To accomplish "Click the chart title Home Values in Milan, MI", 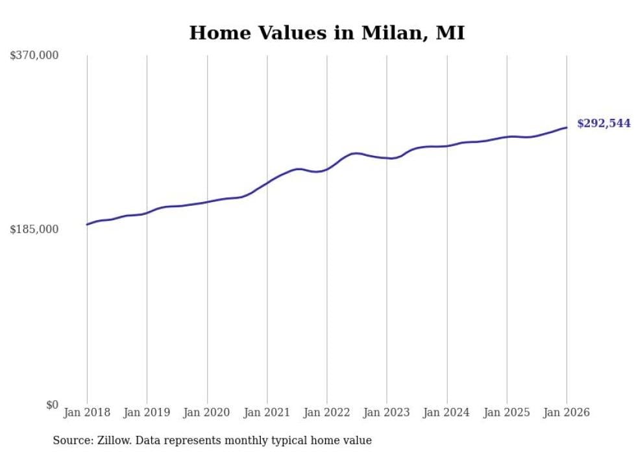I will [x=326, y=33].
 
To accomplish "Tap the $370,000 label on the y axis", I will [x=34, y=55].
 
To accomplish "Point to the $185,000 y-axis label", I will [x=34, y=229].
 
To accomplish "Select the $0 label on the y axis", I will [x=52, y=405].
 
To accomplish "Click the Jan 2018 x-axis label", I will [x=87, y=412].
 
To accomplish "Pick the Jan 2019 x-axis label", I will [x=147, y=412].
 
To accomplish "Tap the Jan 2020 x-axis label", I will [x=207, y=412].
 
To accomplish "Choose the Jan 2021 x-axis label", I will [x=267, y=412].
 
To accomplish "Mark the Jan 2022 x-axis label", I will [x=327, y=412].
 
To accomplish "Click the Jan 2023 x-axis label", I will [x=387, y=412].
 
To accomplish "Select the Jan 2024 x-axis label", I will [x=446, y=412].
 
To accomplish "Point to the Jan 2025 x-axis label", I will [x=507, y=412].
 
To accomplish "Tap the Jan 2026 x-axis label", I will [x=567, y=412].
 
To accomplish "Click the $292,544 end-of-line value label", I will [x=604, y=123].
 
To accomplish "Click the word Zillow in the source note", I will [x=112, y=441].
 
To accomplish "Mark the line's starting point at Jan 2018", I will [x=87, y=224].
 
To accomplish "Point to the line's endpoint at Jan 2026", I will [x=567, y=127].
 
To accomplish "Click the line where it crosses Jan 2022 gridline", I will [x=327, y=169].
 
